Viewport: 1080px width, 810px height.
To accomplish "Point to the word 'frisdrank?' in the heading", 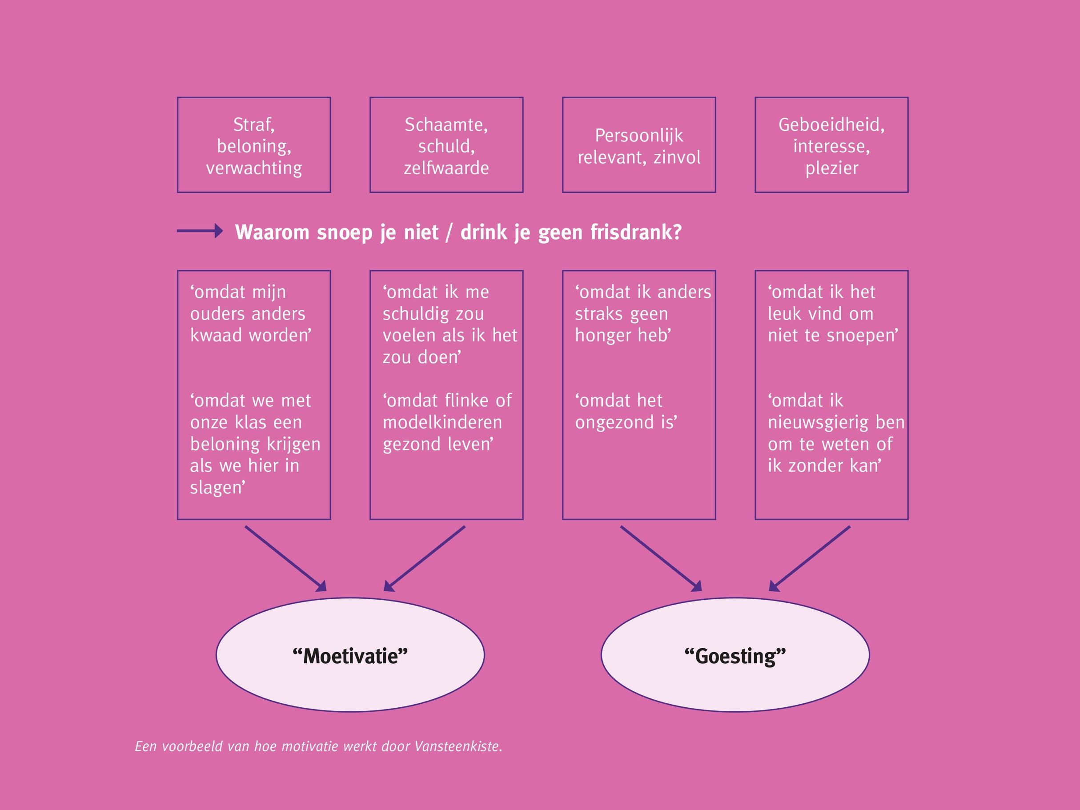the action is click(x=636, y=233).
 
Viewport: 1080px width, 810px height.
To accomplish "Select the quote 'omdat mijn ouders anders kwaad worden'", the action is click(x=250, y=313).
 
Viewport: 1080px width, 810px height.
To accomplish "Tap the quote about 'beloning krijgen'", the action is click(x=255, y=444).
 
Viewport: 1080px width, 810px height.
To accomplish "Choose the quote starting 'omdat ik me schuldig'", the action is click(x=450, y=324).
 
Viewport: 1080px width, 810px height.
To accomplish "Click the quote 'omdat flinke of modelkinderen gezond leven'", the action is click(x=447, y=422).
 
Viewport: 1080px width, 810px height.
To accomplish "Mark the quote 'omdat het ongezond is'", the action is click(x=626, y=411).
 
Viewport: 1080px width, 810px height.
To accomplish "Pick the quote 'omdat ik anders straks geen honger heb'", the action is click(x=643, y=313).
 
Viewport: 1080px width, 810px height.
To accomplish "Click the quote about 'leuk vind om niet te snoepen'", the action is click(x=833, y=313).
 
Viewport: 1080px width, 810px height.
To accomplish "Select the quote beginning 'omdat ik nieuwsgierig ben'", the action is click(x=836, y=433).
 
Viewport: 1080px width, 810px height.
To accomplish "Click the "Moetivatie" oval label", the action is click(x=350, y=656).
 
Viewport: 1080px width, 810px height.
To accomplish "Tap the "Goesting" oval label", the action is click(x=735, y=656).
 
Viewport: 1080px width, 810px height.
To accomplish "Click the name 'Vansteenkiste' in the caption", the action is click(x=458, y=746).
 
